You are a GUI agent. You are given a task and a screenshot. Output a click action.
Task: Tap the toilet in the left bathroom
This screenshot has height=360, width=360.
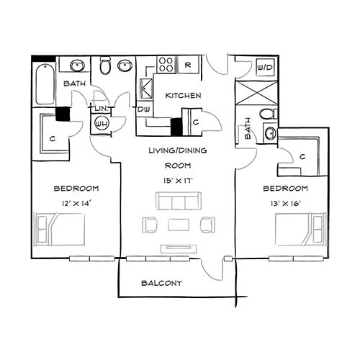coord(105,68)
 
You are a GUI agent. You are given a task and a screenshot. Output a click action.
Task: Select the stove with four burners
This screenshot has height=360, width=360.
coord(166,64)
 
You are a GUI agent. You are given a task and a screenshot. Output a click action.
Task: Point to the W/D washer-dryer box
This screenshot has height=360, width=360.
coord(264,67)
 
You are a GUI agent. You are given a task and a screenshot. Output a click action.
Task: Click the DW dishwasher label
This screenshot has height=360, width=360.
coord(143,109)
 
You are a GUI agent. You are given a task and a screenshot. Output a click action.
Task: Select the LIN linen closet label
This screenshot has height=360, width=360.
coord(101,108)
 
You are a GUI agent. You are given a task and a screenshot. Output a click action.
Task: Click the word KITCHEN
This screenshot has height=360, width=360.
coord(183,96)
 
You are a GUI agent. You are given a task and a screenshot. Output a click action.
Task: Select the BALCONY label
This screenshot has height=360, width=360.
coord(161,283)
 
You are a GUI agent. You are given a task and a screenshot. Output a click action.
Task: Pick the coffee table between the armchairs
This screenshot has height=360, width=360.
coord(179,225)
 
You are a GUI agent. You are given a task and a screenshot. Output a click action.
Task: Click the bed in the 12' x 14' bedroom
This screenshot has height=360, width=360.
coord(60,230)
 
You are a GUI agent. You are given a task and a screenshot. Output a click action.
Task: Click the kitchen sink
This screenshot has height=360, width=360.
coord(146,89)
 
